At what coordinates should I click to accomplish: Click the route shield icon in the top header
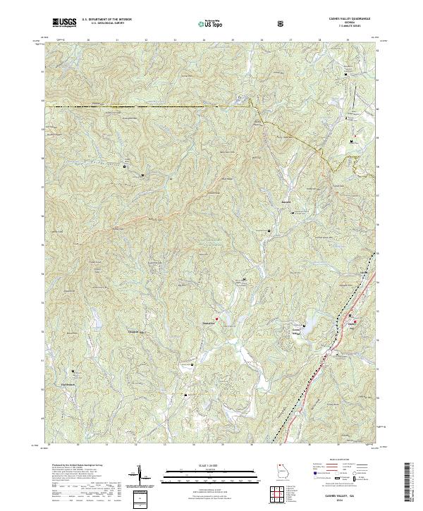[x=281, y=24]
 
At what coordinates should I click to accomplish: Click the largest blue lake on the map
[x=308, y=326]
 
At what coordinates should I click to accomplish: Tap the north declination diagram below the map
[x=139, y=476]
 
